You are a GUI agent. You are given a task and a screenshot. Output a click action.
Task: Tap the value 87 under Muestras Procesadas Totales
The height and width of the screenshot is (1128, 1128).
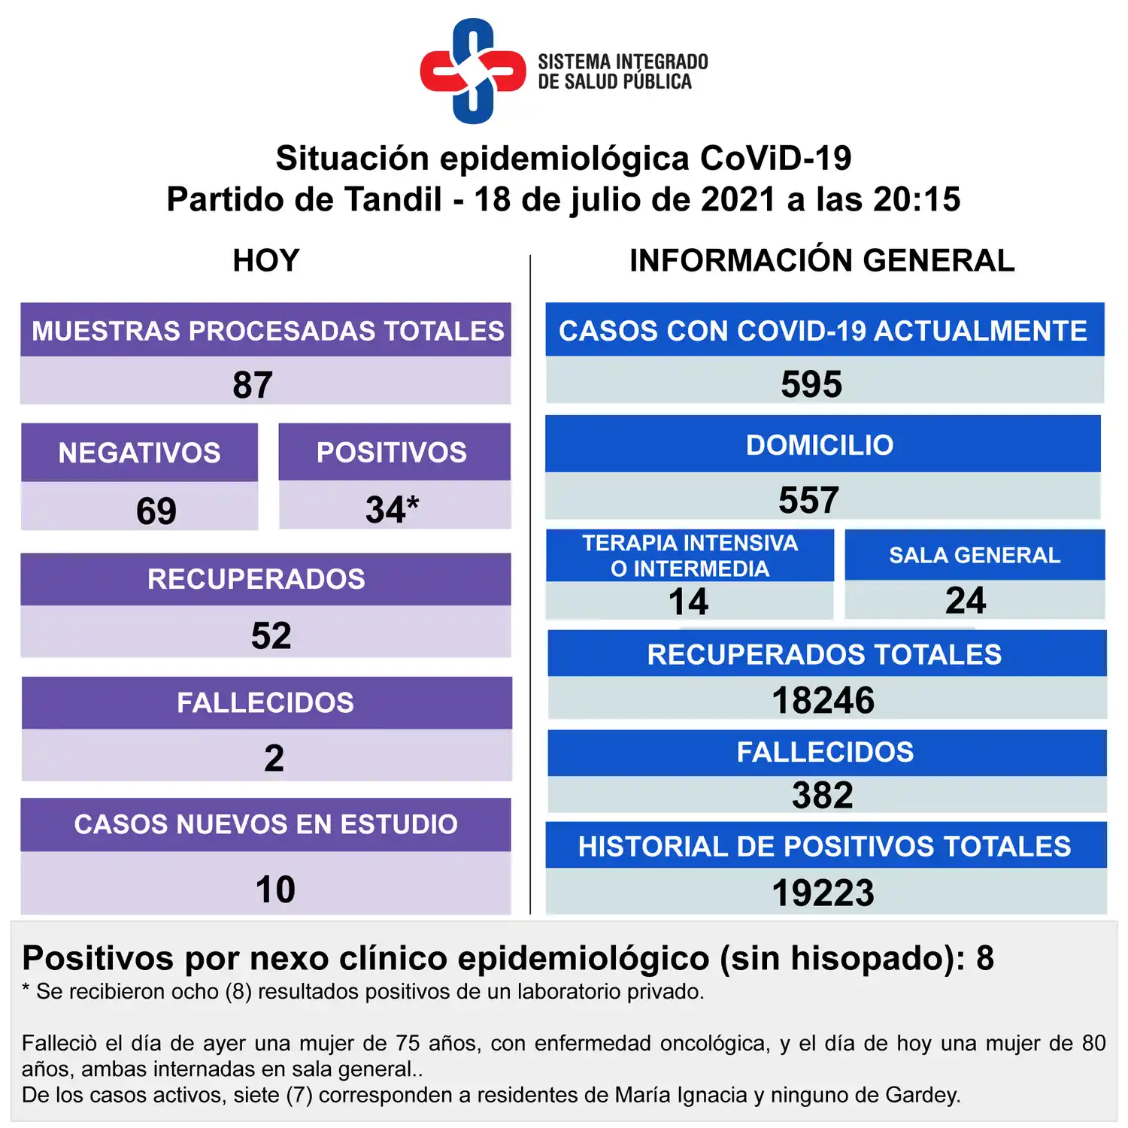[x=253, y=385]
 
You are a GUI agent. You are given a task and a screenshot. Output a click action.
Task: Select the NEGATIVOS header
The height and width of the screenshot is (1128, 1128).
[x=140, y=453]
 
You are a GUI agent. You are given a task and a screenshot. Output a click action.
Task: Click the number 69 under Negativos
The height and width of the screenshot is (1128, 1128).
[x=156, y=511]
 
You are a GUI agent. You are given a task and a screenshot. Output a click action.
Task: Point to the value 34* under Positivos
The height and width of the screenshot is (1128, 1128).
[x=392, y=510]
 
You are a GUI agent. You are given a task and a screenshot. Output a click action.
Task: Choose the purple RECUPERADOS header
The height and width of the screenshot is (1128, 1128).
[x=256, y=579]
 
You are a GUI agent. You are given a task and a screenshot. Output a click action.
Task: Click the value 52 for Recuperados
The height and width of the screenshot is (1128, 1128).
[x=271, y=635]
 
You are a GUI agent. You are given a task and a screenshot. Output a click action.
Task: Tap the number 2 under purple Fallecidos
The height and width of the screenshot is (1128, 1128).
[x=274, y=758]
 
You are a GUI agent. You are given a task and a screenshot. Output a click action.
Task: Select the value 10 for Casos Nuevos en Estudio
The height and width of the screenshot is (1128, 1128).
[x=275, y=890]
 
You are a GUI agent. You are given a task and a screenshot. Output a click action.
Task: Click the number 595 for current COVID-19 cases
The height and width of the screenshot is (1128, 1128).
[x=811, y=384]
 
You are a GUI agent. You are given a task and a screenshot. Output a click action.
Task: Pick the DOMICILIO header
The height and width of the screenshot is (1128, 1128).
[x=820, y=445]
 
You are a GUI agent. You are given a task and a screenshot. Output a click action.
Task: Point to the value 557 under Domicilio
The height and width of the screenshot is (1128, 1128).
[x=808, y=500]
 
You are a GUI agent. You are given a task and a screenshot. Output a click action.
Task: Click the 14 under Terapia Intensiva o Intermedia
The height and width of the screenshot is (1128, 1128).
[x=688, y=602]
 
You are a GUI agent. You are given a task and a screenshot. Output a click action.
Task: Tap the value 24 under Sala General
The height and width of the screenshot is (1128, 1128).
[x=966, y=600]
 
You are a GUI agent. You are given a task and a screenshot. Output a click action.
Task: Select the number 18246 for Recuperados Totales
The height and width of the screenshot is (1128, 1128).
[x=823, y=700]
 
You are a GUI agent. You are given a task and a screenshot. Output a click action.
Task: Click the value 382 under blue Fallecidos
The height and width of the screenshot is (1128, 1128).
[x=823, y=795]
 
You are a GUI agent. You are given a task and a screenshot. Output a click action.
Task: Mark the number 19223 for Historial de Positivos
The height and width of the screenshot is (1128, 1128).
[x=823, y=893]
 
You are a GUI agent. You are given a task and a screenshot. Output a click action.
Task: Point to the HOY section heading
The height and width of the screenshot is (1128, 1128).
[x=266, y=261]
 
